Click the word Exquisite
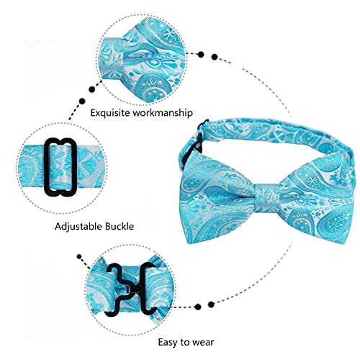(x=110, y=112)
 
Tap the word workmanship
(x=163, y=112)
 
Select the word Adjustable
(x=78, y=226)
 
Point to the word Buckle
(x=120, y=226)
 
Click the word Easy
(x=168, y=342)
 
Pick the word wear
(x=203, y=343)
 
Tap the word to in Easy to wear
(x=185, y=342)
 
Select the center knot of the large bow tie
(x=267, y=198)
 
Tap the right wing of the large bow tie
(x=317, y=200)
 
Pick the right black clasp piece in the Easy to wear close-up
(x=144, y=289)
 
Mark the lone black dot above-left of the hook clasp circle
(x=79, y=257)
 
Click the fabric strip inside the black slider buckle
(x=60, y=168)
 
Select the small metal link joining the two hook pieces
(x=129, y=289)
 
